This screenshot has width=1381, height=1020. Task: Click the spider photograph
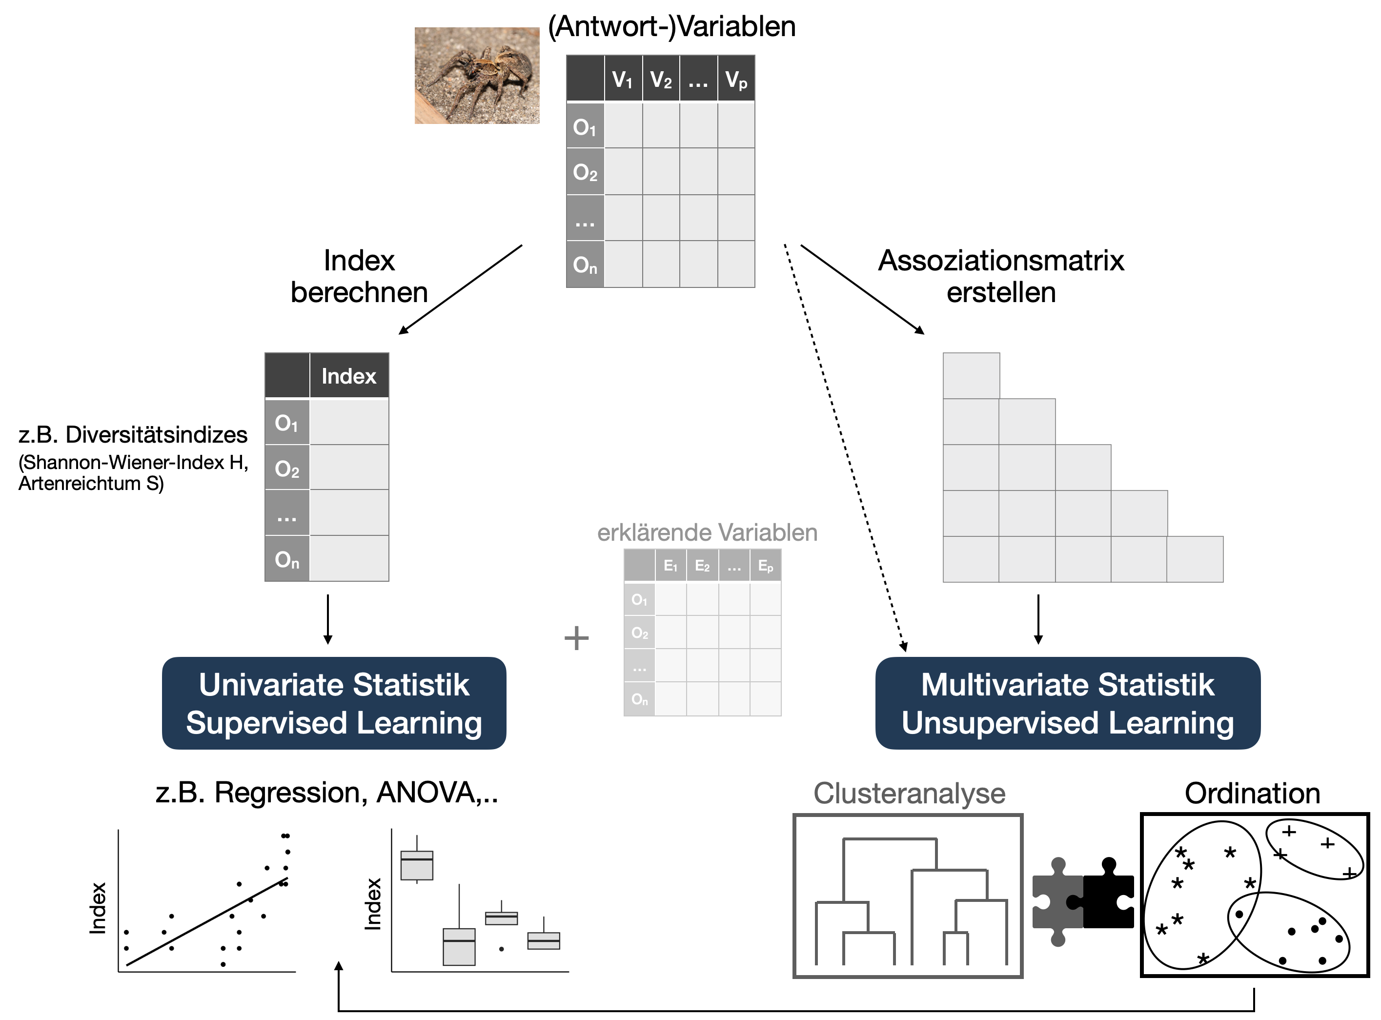(x=477, y=75)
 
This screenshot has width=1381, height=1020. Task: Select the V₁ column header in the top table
(x=622, y=79)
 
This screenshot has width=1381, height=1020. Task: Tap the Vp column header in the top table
(x=736, y=79)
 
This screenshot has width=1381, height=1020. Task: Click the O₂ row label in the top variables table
(x=585, y=172)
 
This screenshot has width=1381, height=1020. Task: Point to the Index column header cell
(x=349, y=376)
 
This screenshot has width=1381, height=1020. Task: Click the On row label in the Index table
(x=287, y=559)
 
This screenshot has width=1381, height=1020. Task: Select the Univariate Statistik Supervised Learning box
(x=334, y=703)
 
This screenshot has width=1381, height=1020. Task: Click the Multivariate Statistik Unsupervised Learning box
(x=1067, y=703)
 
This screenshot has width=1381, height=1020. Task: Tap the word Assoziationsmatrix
(x=1001, y=261)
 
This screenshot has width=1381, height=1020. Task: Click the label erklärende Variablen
(x=707, y=532)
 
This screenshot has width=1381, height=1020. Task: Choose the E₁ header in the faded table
(x=670, y=566)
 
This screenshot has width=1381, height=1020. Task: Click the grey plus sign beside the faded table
(x=576, y=638)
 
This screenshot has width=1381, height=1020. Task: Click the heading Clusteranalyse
(x=909, y=794)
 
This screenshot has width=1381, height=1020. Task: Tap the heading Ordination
(x=1252, y=794)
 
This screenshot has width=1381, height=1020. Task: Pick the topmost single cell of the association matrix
(x=971, y=375)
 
